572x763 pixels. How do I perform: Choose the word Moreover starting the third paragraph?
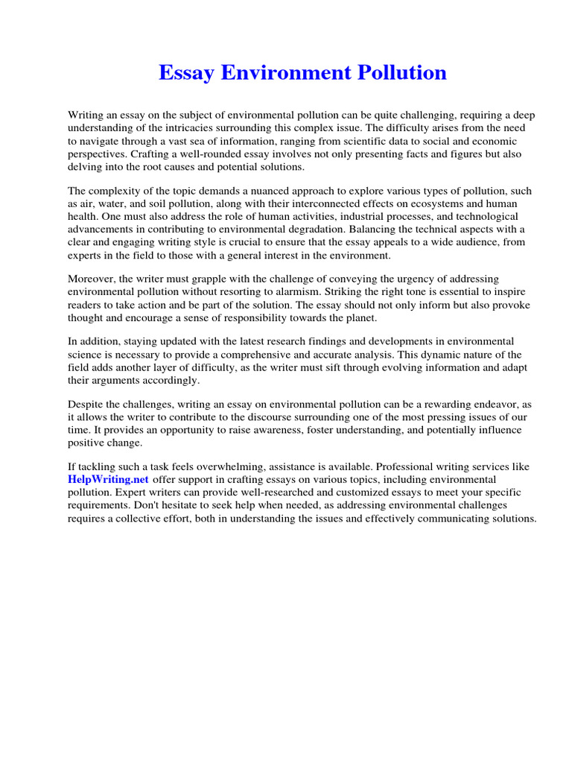tap(92, 278)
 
